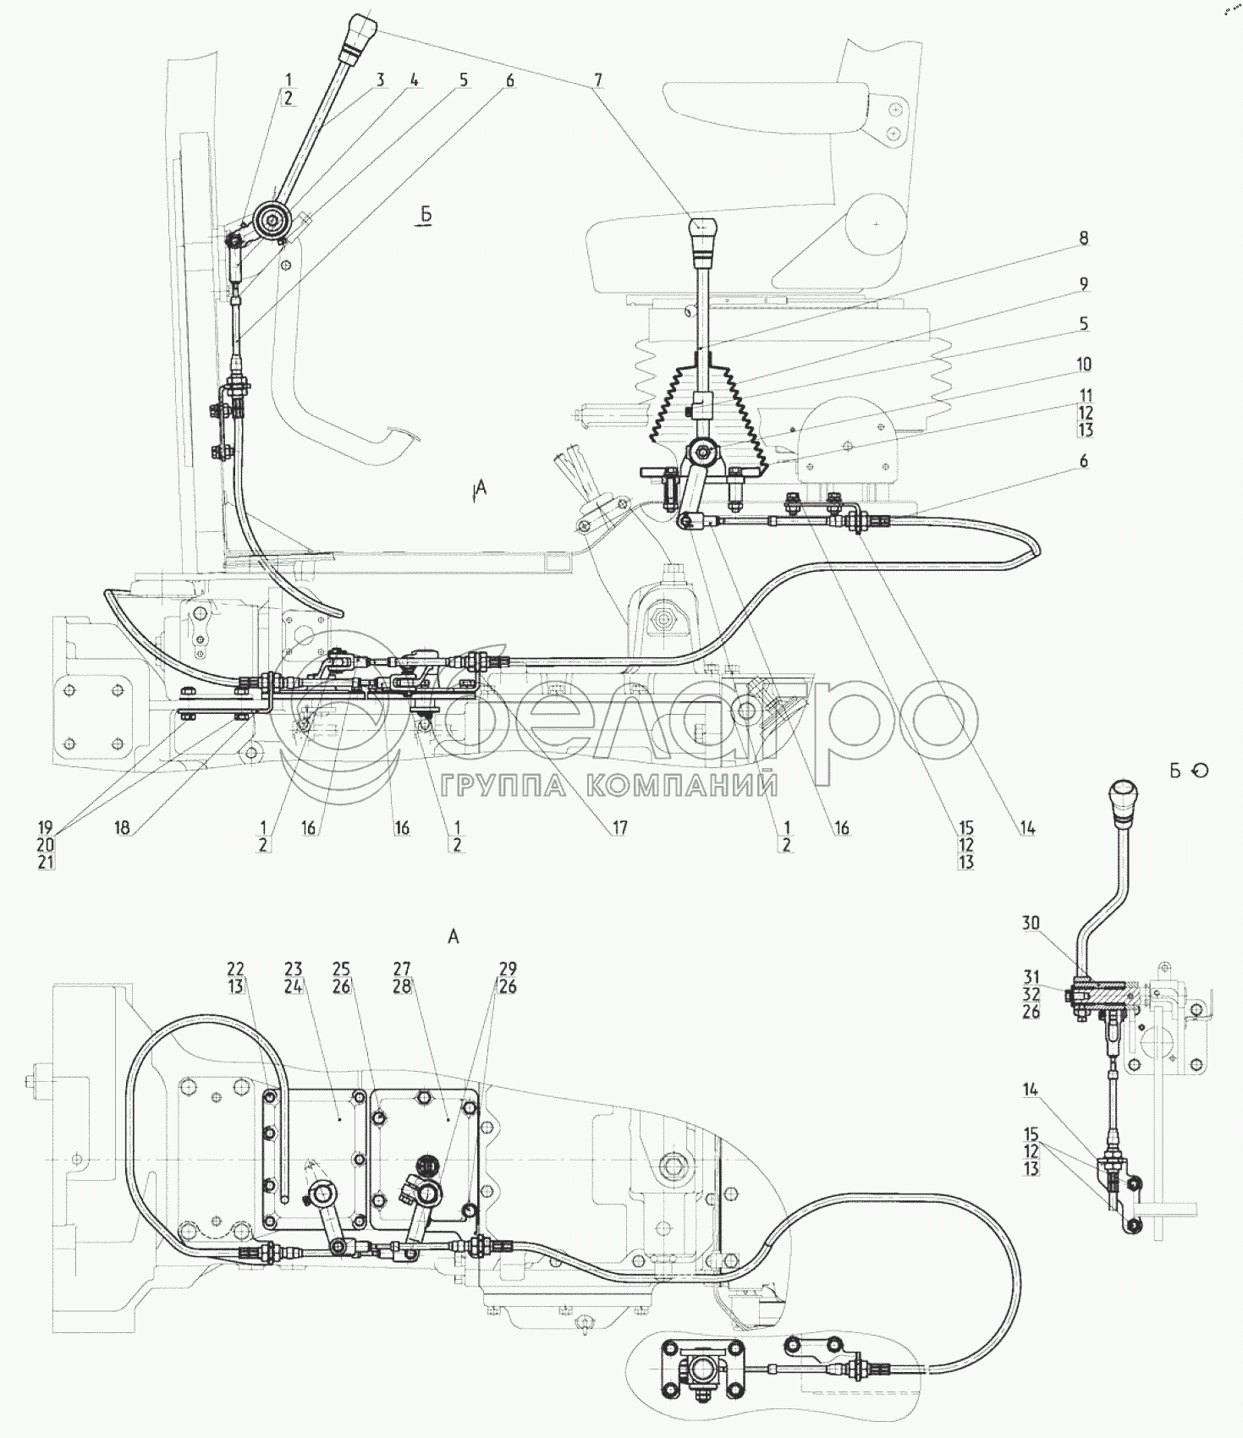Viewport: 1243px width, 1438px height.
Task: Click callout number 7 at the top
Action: [x=597, y=80]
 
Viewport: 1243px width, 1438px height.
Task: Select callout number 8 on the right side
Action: [x=1084, y=239]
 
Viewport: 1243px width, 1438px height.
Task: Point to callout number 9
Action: [x=1084, y=284]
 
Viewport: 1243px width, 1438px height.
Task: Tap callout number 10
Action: [x=1084, y=364]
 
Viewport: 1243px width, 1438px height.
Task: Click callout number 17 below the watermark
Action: [x=620, y=827]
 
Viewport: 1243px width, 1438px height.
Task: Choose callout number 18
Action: [x=123, y=827]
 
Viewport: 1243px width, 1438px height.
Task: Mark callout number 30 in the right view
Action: [x=1030, y=923]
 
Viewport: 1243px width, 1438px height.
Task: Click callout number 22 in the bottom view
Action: [x=235, y=969]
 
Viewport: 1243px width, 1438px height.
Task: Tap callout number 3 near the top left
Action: [x=381, y=80]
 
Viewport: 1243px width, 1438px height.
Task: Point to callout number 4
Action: [x=414, y=80]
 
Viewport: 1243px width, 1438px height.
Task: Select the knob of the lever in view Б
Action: [x=1123, y=799]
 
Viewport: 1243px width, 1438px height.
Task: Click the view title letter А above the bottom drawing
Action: [x=454, y=936]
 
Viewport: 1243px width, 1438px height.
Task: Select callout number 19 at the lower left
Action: [x=46, y=827]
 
